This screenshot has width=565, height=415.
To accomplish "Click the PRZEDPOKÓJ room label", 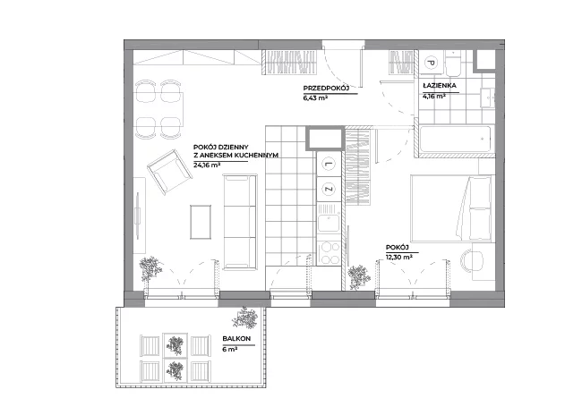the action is click(326, 89).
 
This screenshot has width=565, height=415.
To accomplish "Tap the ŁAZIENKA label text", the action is click(440, 86).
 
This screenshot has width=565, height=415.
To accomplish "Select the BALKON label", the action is click(236, 339).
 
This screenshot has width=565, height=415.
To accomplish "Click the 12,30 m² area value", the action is click(399, 257).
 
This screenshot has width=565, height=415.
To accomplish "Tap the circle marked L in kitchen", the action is click(329, 165).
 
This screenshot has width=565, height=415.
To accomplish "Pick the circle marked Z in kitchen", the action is click(329, 189).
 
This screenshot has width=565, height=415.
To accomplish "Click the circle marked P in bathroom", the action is click(431, 63).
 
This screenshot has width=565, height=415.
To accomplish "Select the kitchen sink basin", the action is click(328, 223).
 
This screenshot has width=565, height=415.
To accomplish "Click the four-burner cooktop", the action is click(329, 253).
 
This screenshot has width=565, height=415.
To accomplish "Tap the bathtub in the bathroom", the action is click(455, 139).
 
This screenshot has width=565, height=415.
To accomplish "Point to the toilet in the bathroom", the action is click(452, 64).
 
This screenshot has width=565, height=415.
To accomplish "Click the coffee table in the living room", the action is click(201, 222).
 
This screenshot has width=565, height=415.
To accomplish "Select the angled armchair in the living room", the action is click(169, 172).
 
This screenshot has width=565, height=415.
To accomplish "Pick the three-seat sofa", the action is click(240, 222).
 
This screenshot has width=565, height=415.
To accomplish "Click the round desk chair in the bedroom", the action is click(472, 261).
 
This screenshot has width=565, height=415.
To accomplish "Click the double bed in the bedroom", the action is click(452, 207).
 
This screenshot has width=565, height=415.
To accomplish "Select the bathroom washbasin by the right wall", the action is click(487, 97).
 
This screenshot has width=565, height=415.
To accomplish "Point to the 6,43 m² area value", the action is click(315, 97).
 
